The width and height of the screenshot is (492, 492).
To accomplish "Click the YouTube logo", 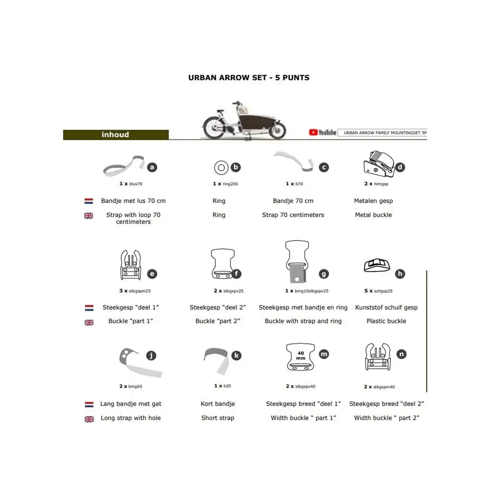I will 323,133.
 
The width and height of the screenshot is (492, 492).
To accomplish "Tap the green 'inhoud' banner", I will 116,135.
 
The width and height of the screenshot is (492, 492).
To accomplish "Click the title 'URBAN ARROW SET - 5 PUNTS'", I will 249,77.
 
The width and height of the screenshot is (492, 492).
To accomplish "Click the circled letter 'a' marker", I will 152,167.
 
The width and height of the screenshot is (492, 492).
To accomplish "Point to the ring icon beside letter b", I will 221,168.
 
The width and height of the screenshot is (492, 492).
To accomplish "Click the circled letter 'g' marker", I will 323,274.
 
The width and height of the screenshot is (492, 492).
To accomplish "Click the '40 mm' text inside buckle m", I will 301,355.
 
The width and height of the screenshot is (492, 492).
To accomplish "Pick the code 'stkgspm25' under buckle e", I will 140,291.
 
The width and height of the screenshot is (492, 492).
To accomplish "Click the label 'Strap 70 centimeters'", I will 293,215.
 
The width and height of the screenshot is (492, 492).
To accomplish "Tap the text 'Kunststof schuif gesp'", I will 386,307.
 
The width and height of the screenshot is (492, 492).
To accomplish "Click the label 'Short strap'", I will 218,418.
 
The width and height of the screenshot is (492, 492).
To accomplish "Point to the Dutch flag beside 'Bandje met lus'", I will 89,201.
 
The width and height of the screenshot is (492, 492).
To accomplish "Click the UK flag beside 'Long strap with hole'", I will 89,419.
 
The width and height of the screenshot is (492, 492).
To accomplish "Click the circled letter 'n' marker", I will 401,354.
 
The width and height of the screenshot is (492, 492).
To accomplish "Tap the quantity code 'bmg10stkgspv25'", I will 311,291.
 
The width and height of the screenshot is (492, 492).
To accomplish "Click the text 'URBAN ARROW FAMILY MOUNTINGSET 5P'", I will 385,133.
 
